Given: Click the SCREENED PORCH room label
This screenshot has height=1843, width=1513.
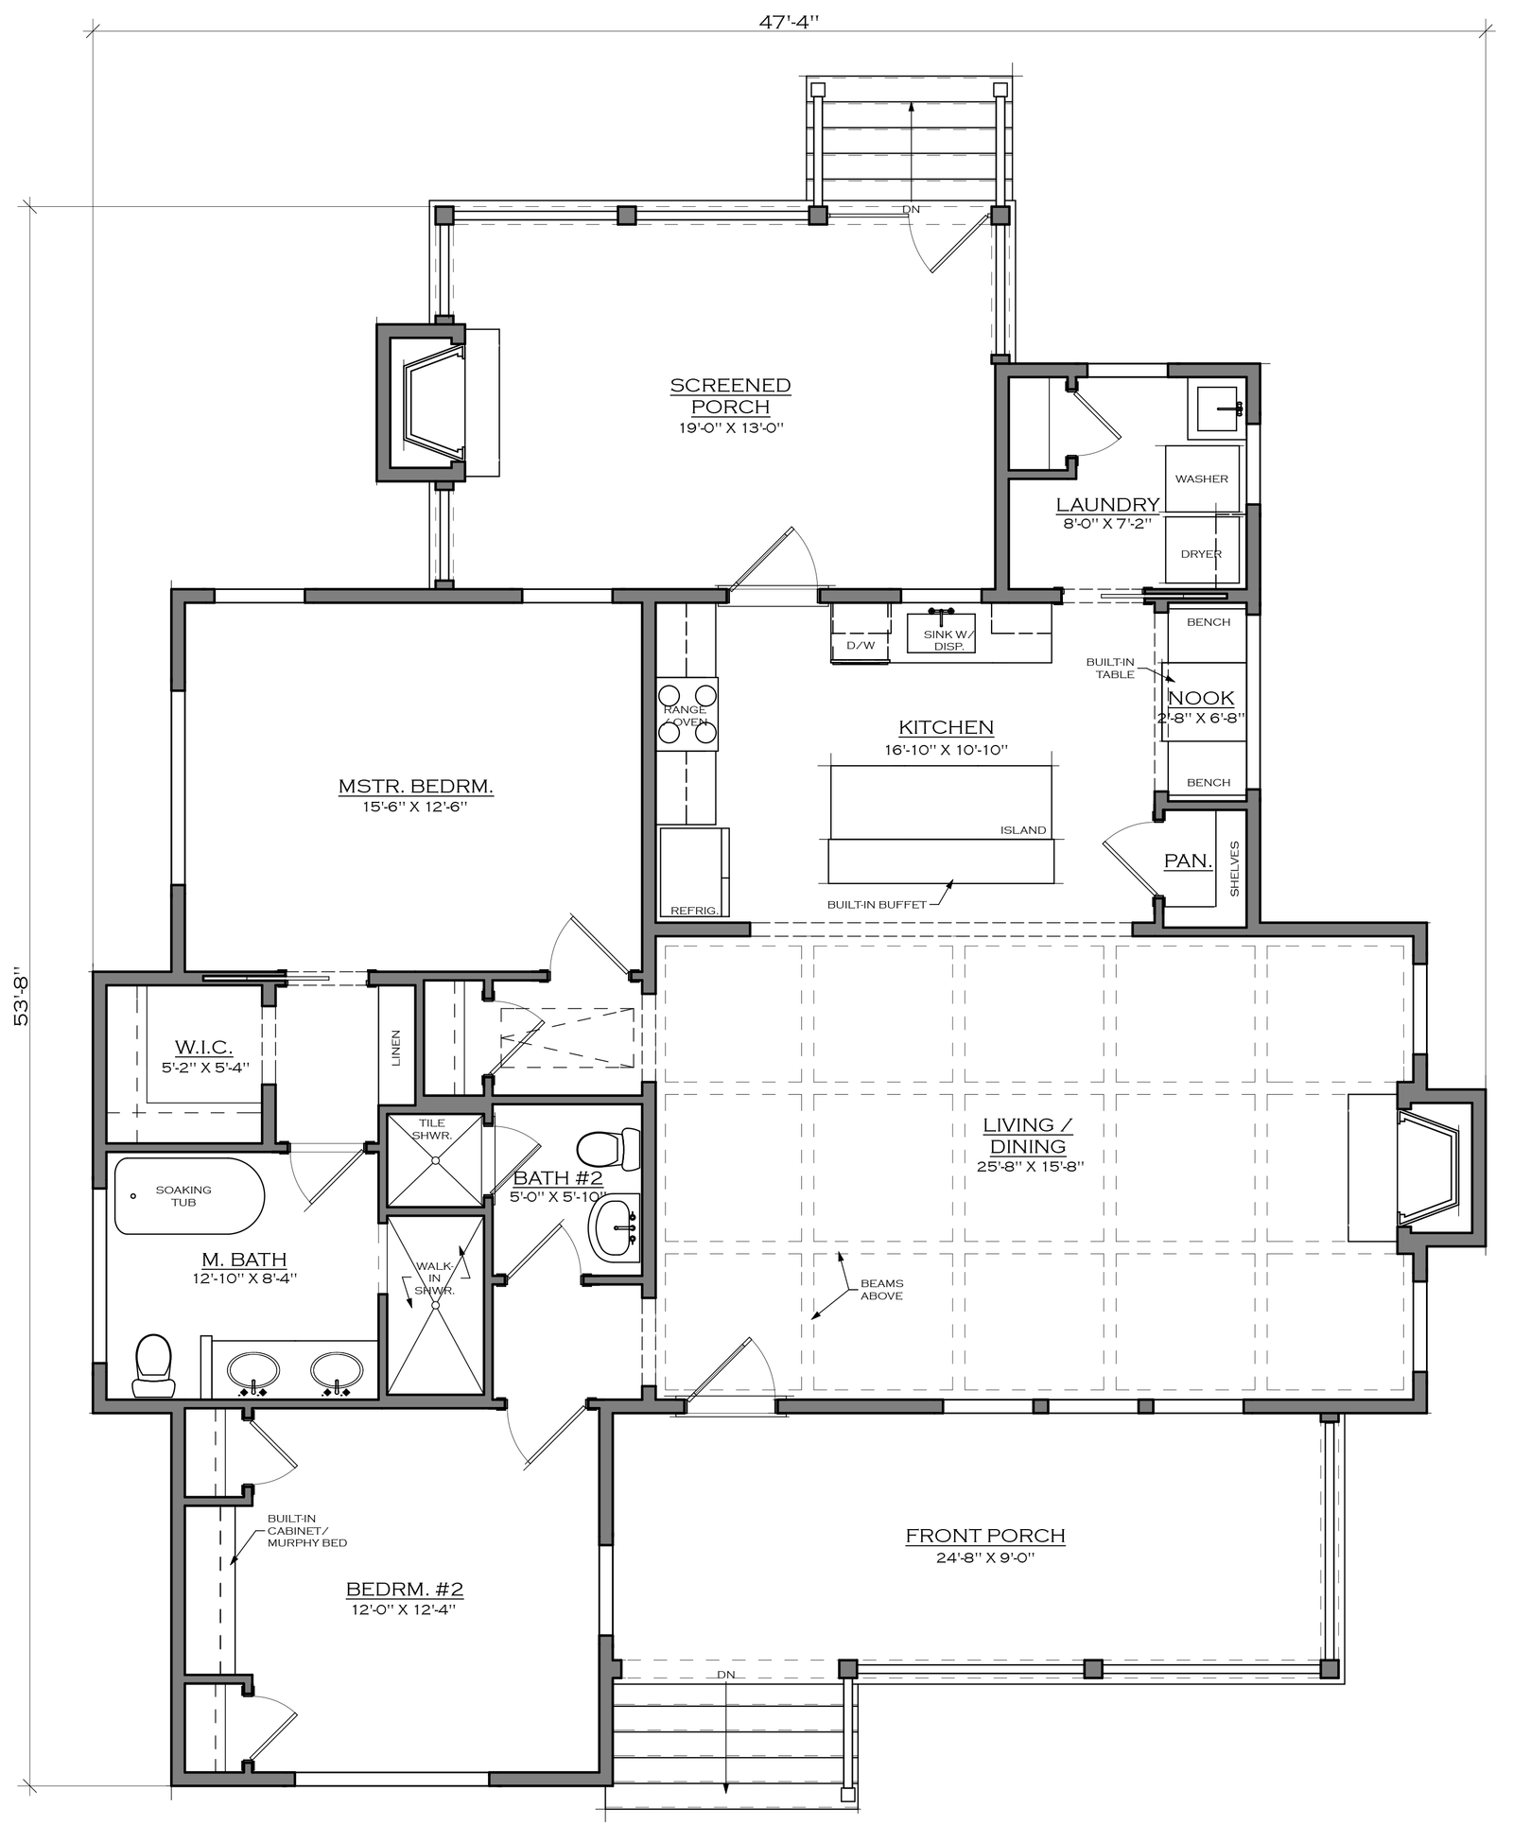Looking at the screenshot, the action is pyautogui.click(x=730, y=396).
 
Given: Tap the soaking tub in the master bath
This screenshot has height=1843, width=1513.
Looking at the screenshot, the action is pyautogui.click(x=189, y=1196).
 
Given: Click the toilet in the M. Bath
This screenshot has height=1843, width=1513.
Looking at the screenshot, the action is pyautogui.click(x=153, y=1365).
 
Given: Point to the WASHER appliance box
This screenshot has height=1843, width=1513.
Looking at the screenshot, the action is pyautogui.click(x=1202, y=478).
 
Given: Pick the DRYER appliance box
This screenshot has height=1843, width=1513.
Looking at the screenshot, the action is pyautogui.click(x=1202, y=553).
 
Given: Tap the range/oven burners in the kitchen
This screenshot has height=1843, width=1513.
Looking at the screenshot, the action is pyautogui.click(x=687, y=714).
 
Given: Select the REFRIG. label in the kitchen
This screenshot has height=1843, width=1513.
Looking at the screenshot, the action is pyautogui.click(x=695, y=911).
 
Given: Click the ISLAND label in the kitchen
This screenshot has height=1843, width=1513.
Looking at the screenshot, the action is pyautogui.click(x=1023, y=830).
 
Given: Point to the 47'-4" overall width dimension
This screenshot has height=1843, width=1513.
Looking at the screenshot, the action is pyautogui.click(x=789, y=21).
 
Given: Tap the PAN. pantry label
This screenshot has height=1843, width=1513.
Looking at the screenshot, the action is pyautogui.click(x=1188, y=861).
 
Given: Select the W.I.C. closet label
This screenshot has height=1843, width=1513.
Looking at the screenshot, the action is pyautogui.click(x=203, y=1047).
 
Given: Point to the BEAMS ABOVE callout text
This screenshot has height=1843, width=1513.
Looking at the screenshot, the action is pyautogui.click(x=881, y=1290).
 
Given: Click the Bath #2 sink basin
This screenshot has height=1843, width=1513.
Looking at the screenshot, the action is pyautogui.click(x=615, y=1228).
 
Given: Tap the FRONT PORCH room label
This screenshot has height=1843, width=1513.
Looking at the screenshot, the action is pyautogui.click(x=985, y=1536).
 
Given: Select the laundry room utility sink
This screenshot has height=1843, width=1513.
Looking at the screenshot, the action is pyautogui.click(x=1214, y=409).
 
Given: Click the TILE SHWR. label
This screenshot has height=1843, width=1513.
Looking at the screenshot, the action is pyautogui.click(x=433, y=1128).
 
